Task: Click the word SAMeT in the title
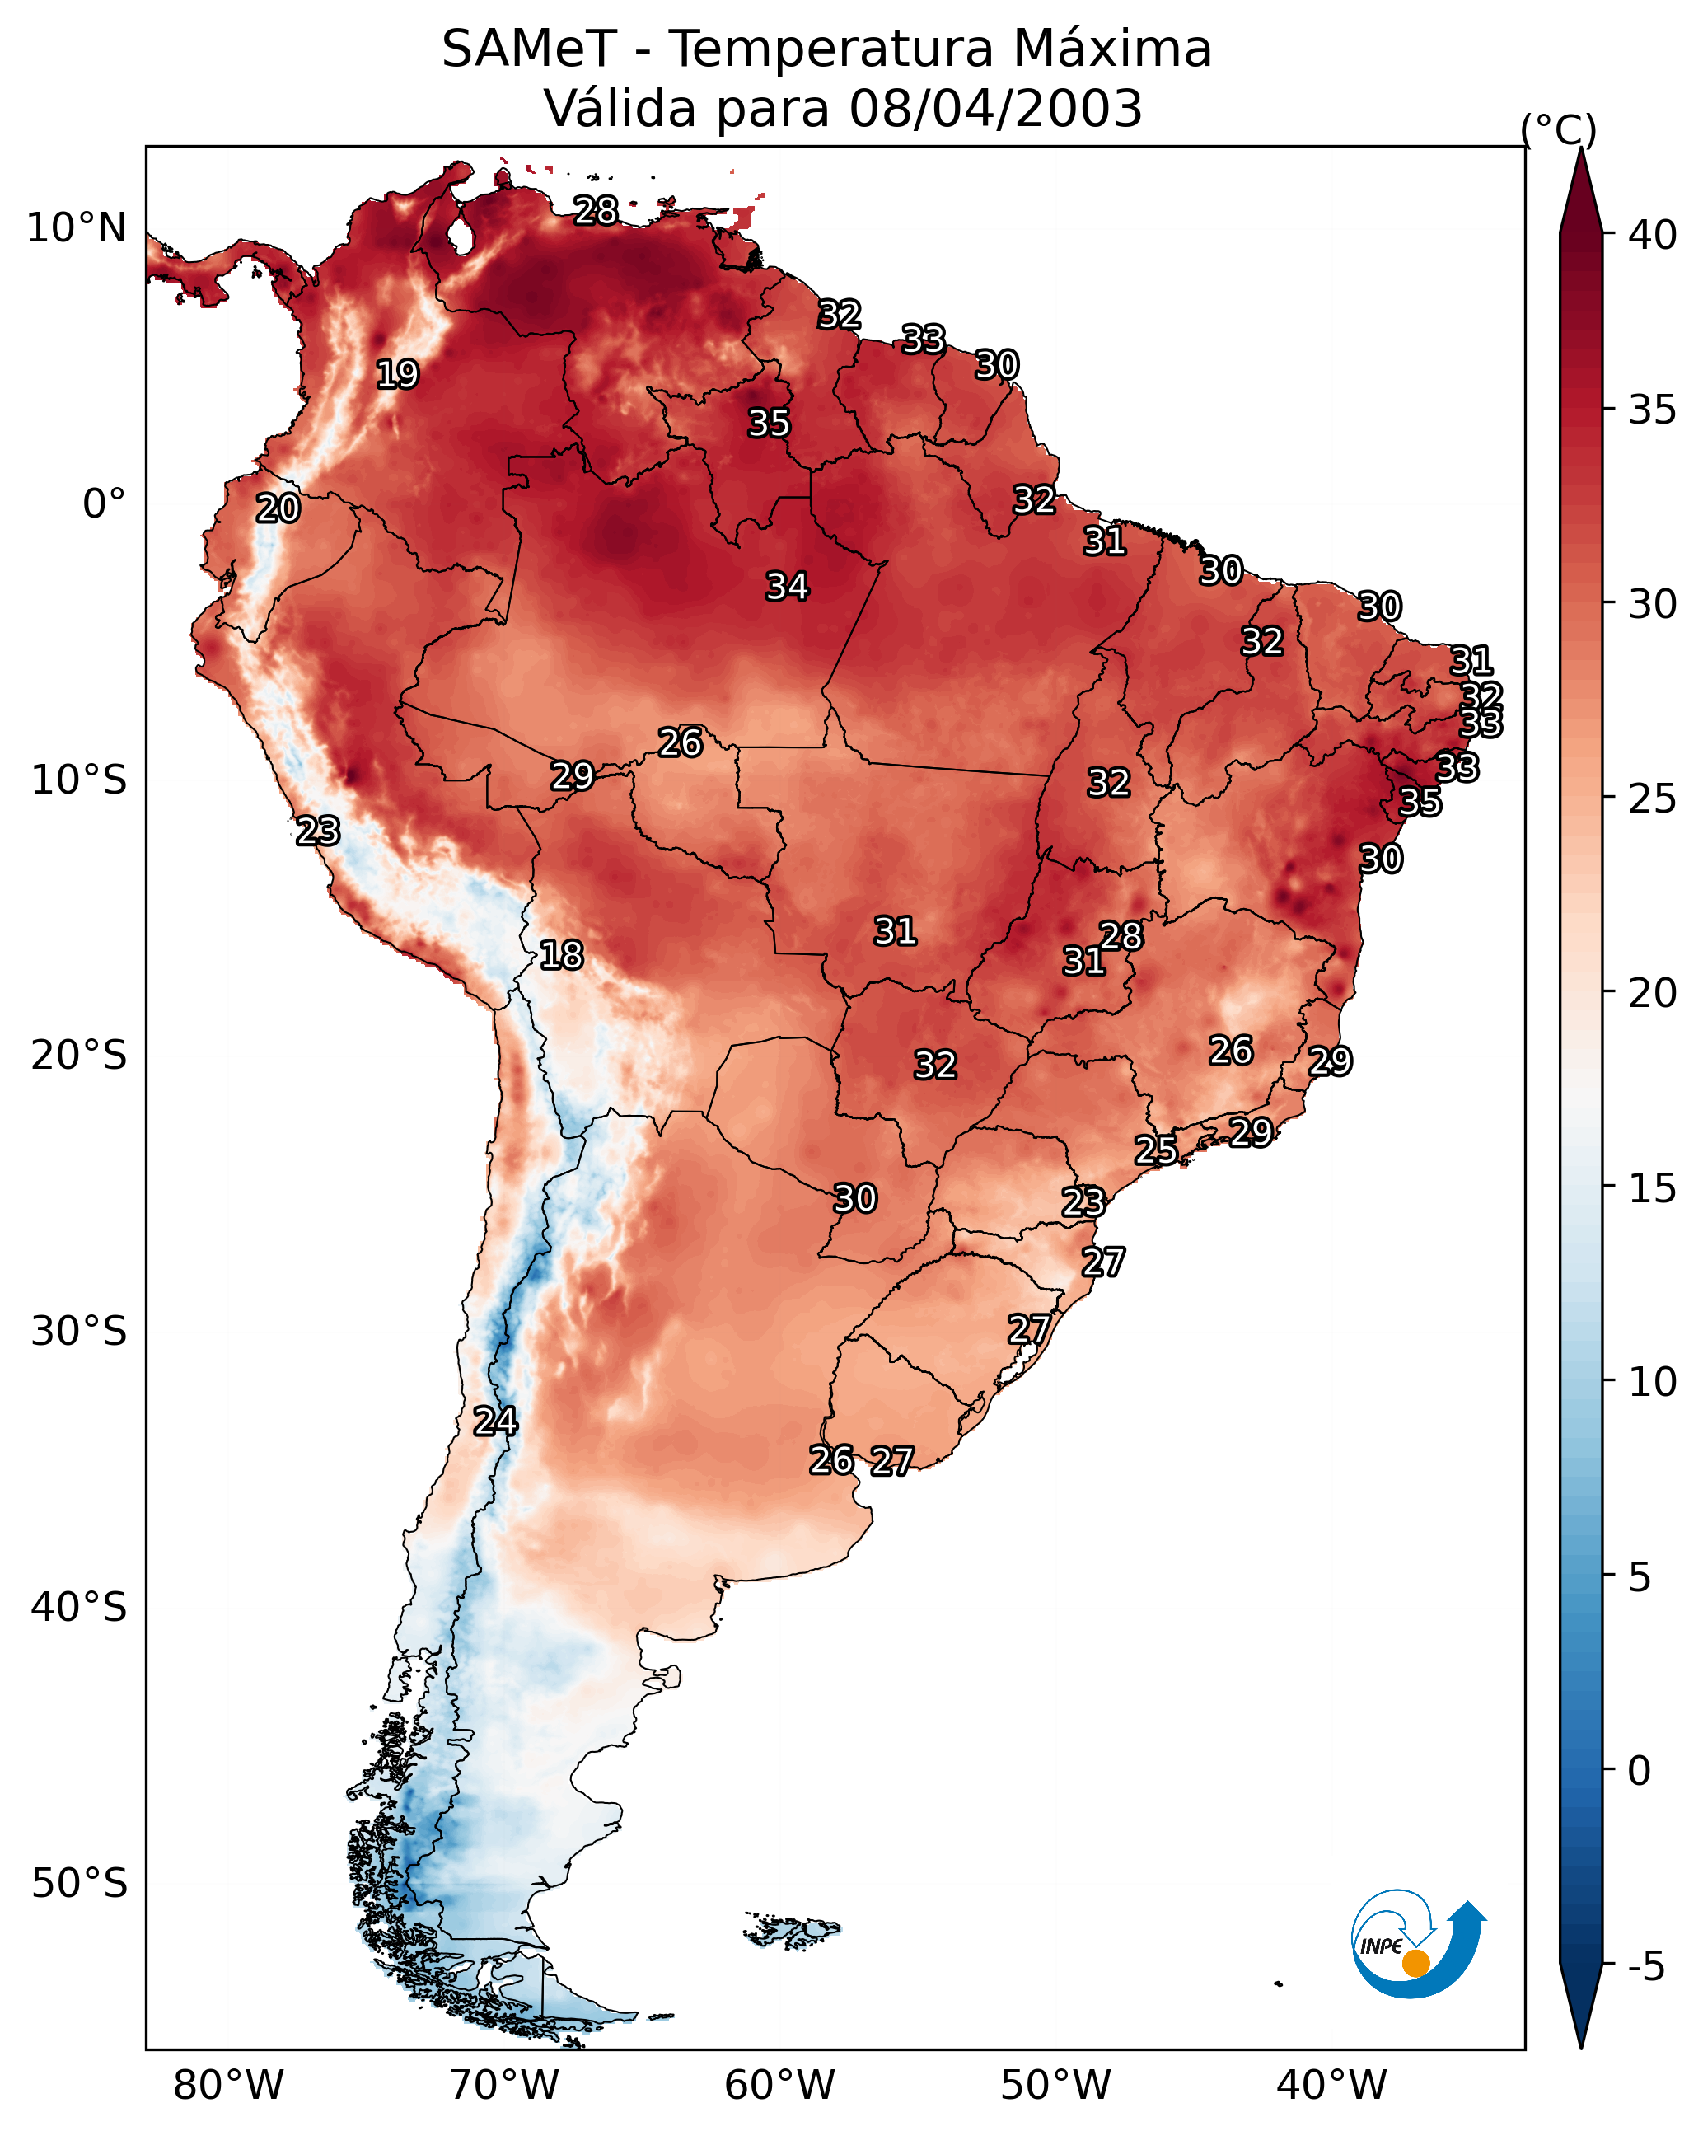(529, 49)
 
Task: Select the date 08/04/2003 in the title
(995, 109)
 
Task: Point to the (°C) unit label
(1558, 129)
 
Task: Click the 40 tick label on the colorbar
(1652, 235)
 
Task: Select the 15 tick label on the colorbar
(1652, 1188)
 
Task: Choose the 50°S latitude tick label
(79, 1883)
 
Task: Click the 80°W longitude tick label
(228, 2085)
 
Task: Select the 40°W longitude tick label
(1331, 2085)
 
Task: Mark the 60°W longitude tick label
(780, 2085)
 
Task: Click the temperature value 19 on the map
(397, 375)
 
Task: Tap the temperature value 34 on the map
(787, 587)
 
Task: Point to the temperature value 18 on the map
(561, 955)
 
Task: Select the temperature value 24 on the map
(494, 1421)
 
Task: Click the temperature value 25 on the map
(1155, 1150)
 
